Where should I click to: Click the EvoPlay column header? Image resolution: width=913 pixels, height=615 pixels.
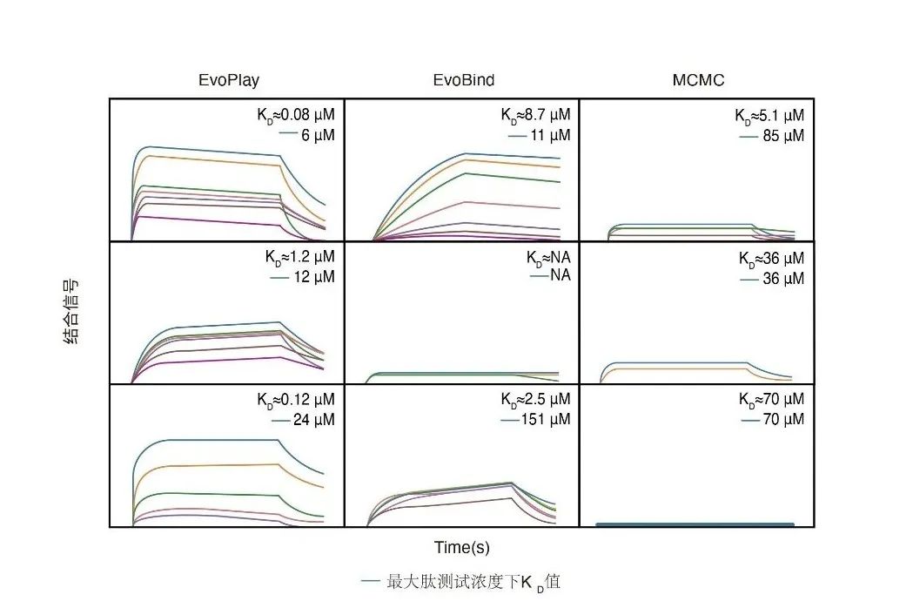click(229, 81)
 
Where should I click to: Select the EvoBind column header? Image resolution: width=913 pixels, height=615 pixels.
click(464, 81)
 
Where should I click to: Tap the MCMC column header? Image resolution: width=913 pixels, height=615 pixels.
click(698, 81)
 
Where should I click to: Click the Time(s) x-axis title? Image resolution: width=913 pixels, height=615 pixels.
click(462, 548)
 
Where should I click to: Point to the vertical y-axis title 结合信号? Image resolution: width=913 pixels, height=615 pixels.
click(73, 313)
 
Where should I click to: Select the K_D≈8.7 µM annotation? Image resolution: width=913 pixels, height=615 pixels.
click(535, 115)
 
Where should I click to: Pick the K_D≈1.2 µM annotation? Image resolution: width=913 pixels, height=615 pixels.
click(299, 258)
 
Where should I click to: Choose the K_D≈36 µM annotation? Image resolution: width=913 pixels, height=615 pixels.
click(771, 259)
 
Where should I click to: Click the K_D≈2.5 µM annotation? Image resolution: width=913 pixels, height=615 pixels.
click(535, 399)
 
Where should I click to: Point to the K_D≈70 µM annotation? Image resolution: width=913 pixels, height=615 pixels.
click(771, 399)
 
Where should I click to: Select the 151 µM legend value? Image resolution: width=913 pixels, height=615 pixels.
click(548, 420)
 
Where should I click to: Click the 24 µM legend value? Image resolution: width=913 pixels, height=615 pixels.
click(314, 420)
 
